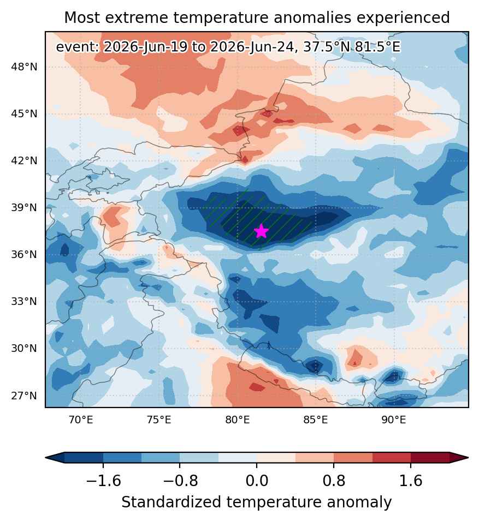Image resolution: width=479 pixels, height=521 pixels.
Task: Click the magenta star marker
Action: pos(262,231)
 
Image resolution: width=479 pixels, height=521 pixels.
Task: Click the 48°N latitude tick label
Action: pos(24,67)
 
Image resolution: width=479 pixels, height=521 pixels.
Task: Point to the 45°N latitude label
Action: pos(24,113)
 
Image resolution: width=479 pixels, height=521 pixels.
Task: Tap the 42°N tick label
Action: pos(24,160)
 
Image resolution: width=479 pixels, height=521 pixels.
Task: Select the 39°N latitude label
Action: pos(24,207)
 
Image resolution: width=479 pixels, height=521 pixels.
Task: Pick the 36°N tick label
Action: pos(24,254)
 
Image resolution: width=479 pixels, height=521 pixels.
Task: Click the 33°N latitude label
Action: pos(24,301)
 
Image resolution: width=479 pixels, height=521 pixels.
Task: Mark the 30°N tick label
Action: pos(24,348)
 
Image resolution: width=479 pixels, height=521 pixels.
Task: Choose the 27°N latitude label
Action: pos(24,396)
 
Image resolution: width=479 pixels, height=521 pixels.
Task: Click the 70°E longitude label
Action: pos(81,420)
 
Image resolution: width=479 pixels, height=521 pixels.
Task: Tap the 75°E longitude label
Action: pos(159,420)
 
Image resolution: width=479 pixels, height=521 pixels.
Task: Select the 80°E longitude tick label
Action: pos(238,420)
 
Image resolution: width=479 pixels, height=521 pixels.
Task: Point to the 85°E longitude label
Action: pos(316,420)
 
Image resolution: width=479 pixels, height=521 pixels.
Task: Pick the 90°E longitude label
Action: pos(394,420)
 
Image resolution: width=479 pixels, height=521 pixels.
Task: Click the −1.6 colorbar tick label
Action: pos(103,481)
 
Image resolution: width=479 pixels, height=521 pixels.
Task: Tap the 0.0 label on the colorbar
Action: pos(257,481)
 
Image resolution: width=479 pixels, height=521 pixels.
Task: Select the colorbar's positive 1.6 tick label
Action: pos(411,481)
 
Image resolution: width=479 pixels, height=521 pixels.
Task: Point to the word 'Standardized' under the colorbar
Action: pos(172,502)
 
